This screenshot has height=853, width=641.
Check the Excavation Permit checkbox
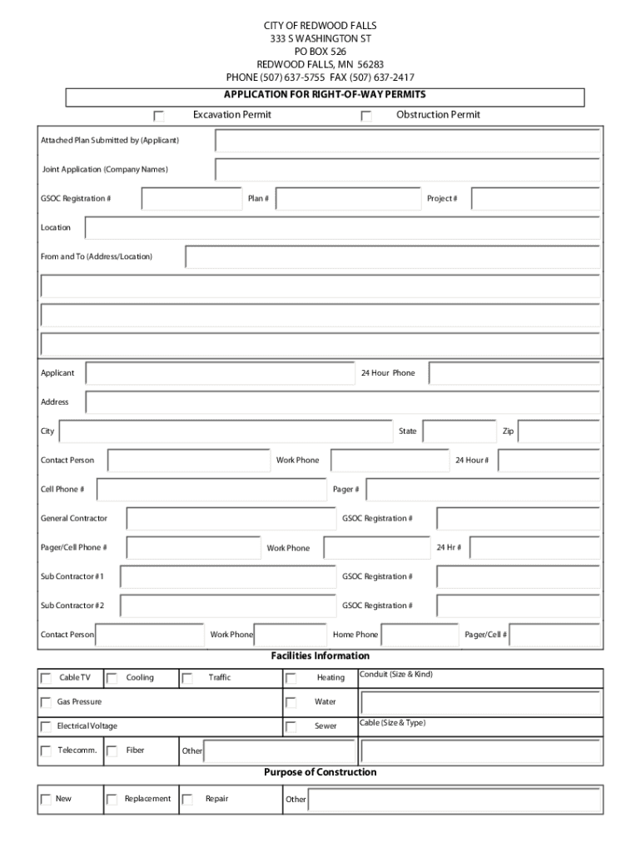[159, 116]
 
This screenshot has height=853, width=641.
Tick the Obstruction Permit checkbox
[366, 116]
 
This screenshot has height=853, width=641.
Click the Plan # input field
[348, 198]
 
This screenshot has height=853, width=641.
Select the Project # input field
[535, 198]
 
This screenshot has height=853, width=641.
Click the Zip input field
[560, 431]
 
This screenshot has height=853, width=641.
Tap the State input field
[460, 431]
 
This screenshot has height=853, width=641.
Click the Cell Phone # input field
[205, 490]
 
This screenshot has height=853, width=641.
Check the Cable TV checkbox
[47, 678]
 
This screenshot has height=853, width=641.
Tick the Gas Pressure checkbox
[47, 702]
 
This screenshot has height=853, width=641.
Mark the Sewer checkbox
[291, 726]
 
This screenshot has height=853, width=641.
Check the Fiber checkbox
[112, 751]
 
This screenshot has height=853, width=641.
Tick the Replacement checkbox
[112, 800]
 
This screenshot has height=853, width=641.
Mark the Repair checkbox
[187, 800]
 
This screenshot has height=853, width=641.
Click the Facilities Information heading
[320, 656]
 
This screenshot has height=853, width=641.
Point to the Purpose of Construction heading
[320, 772]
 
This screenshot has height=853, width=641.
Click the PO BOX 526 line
[320, 51]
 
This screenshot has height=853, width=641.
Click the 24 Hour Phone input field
[514, 373]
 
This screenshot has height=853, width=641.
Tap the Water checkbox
[291, 702]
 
